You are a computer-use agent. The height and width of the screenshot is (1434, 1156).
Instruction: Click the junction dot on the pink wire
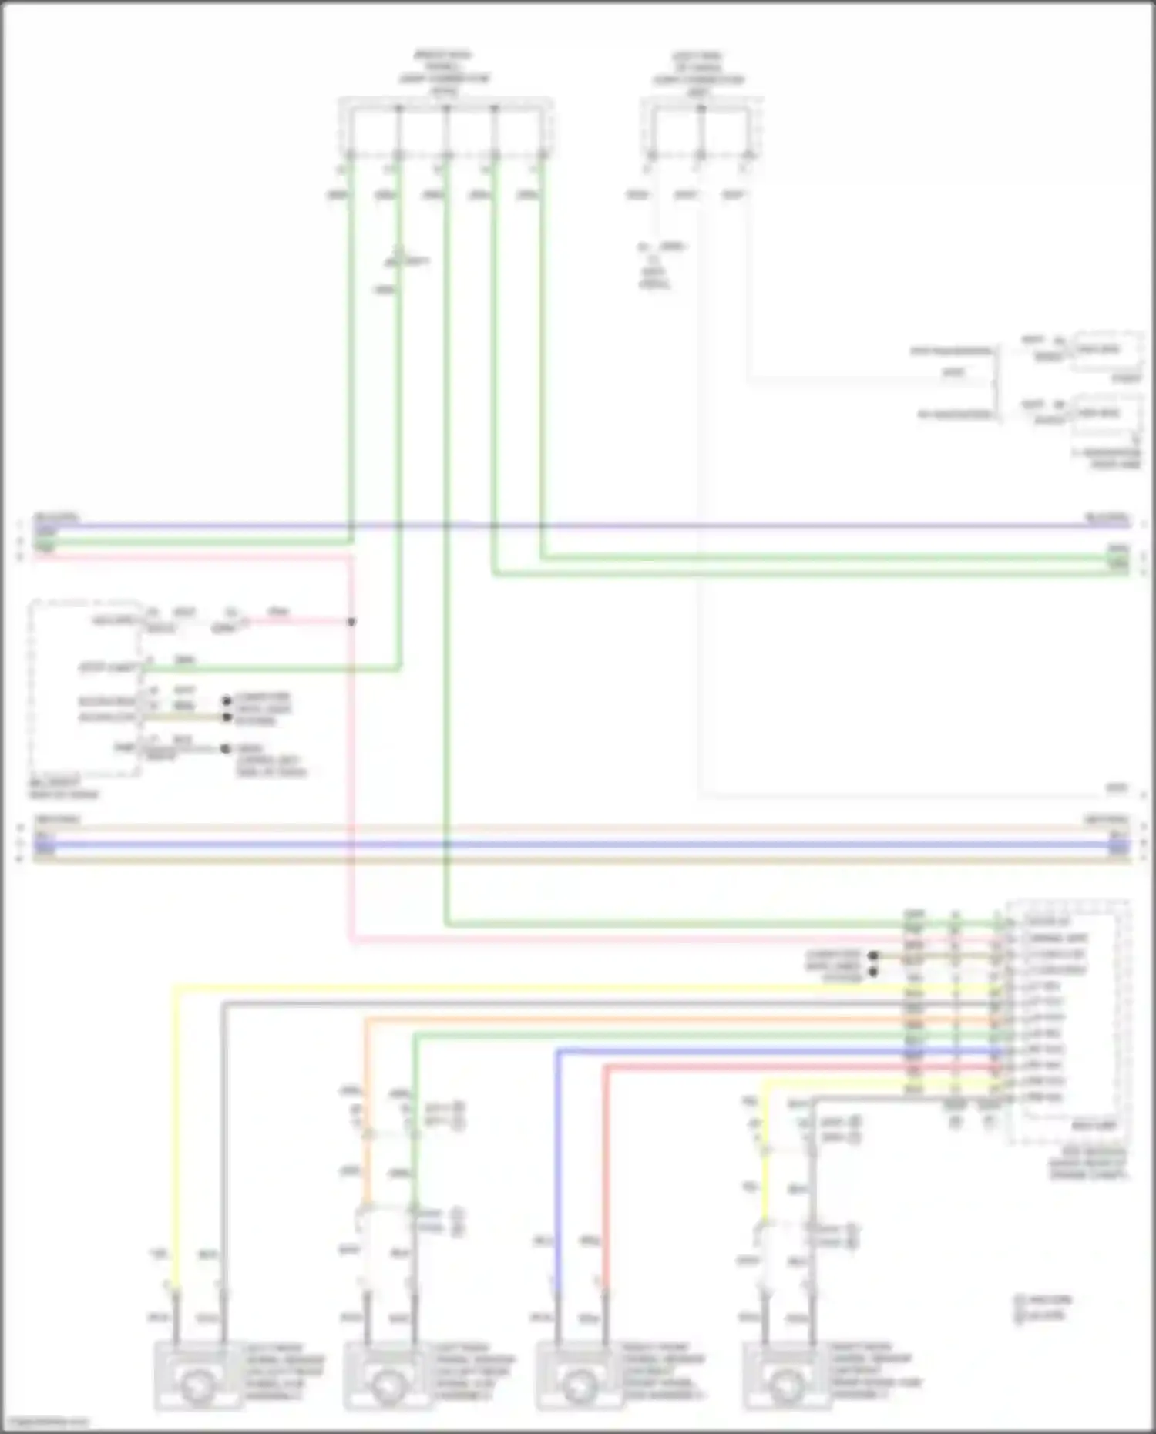coord(351,622)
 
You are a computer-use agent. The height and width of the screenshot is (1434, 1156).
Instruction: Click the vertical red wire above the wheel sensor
coord(606,1171)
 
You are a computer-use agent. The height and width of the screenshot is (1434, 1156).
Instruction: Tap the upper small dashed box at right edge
coord(1108,351)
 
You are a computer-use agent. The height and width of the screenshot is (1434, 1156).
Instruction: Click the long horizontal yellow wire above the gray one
coord(539,987)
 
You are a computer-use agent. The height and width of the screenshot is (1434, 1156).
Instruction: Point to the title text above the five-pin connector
coord(444,73)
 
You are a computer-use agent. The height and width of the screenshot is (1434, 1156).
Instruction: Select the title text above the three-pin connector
coord(698,74)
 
